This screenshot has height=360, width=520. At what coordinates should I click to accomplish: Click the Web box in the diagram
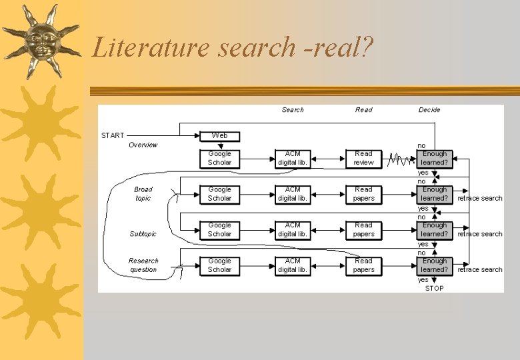coord(219,135)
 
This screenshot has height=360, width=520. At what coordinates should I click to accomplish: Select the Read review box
coord(363,158)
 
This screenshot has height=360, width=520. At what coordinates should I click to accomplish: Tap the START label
coord(113,135)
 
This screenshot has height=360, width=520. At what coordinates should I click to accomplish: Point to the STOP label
coord(434,288)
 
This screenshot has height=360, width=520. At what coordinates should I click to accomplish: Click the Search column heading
coord(293,110)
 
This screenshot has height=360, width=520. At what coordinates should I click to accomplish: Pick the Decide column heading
coord(429,110)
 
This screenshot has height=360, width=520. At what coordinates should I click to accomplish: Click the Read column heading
coord(363,110)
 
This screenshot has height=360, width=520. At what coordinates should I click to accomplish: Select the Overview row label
coord(143,145)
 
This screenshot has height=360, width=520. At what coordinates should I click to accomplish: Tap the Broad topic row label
coord(143,194)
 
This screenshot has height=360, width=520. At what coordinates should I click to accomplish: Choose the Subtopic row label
coord(143,234)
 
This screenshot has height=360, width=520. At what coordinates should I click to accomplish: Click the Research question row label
coord(143,265)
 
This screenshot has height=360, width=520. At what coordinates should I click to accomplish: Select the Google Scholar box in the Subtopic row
coord(219,229)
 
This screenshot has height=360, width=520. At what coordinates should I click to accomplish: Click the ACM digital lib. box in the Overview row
coord(293,158)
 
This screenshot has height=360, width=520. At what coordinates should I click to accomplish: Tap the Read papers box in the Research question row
coord(363,265)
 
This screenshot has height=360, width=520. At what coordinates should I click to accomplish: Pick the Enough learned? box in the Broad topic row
coord(435,194)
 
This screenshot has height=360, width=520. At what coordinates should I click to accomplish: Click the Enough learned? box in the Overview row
coord(435,158)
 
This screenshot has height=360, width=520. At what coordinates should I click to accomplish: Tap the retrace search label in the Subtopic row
coord(480,234)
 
